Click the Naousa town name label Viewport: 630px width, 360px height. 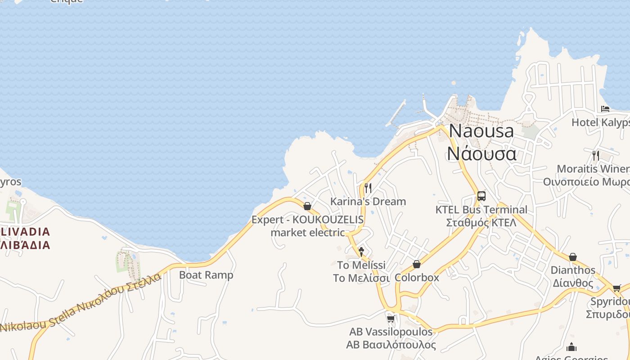click(x=481, y=142)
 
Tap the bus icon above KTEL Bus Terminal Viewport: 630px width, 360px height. click(x=481, y=196)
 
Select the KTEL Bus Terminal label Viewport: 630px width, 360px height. click(x=481, y=216)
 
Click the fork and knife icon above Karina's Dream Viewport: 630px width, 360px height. click(x=368, y=188)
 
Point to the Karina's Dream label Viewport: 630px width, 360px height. click(x=368, y=201)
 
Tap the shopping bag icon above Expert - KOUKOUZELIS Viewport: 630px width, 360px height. click(x=307, y=206)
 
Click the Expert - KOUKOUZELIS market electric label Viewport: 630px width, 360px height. click(x=308, y=226)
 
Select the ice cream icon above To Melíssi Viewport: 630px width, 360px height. click(x=361, y=252)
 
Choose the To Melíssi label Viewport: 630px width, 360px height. click(x=361, y=271)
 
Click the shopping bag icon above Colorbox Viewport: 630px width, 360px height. click(x=417, y=264)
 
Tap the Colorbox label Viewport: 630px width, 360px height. click(x=417, y=277)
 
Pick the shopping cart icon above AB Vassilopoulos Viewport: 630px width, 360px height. click(x=391, y=319)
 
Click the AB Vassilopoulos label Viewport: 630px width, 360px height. click(x=391, y=338)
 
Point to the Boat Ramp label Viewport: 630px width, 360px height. click(x=206, y=274)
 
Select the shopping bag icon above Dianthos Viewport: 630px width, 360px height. click(x=573, y=257)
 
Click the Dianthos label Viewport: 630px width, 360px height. click(x=573, y=276)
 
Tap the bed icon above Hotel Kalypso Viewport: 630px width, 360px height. click(x=605, y=109)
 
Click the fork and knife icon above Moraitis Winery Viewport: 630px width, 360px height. click(x=596, y=156)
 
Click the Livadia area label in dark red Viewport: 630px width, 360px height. click(x=25, y=238)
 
